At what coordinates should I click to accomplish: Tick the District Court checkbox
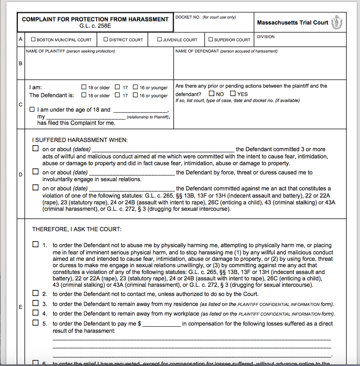106,40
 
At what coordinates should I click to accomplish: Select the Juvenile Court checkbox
159,40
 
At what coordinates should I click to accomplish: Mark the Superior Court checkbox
211,40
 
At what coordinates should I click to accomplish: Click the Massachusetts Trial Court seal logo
339,22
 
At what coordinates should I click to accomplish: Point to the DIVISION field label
266,37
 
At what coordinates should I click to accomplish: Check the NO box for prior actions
211,94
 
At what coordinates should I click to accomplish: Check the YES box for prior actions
233,94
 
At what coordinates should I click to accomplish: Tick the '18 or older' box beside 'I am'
84,87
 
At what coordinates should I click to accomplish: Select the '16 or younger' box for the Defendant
136,95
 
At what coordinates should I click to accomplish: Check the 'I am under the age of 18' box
32,109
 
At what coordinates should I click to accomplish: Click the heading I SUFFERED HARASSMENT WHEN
80,140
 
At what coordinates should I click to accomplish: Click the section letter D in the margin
20,174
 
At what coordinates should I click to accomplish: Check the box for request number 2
36,294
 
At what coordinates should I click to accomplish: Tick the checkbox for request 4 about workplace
36,313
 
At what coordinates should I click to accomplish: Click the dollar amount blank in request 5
161,324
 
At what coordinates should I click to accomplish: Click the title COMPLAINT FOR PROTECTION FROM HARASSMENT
95,19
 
